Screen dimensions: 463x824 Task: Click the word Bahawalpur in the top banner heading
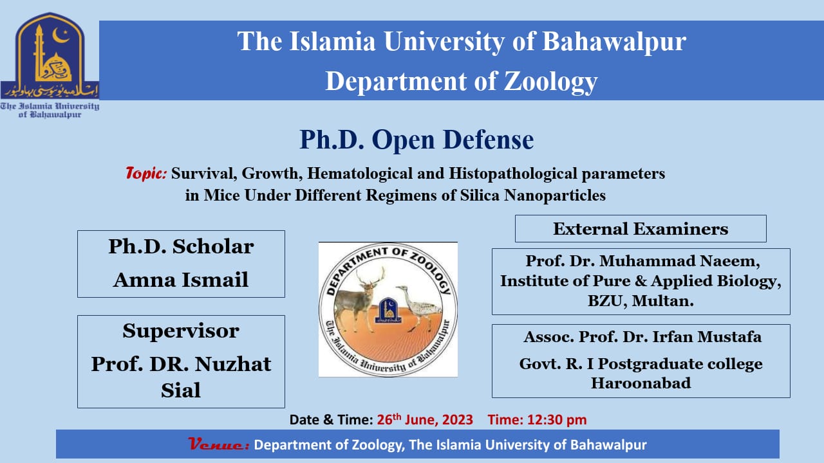(x=614, y=41)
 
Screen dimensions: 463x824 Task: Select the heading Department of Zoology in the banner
(x=461, y=82)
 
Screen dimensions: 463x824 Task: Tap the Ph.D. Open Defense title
(x=417, y=140)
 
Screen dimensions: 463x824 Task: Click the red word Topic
(x=146, y=174)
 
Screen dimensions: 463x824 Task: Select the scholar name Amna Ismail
(x=181, y=279)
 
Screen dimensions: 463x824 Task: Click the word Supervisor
(x=181, y=331)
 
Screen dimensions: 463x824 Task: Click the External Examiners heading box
(x=641, y=228)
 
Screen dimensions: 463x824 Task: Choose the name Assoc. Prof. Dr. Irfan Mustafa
(x=642, y=336)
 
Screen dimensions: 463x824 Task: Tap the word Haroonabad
(x=641, y=383)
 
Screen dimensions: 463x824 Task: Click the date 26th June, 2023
(x=425, y=420)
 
